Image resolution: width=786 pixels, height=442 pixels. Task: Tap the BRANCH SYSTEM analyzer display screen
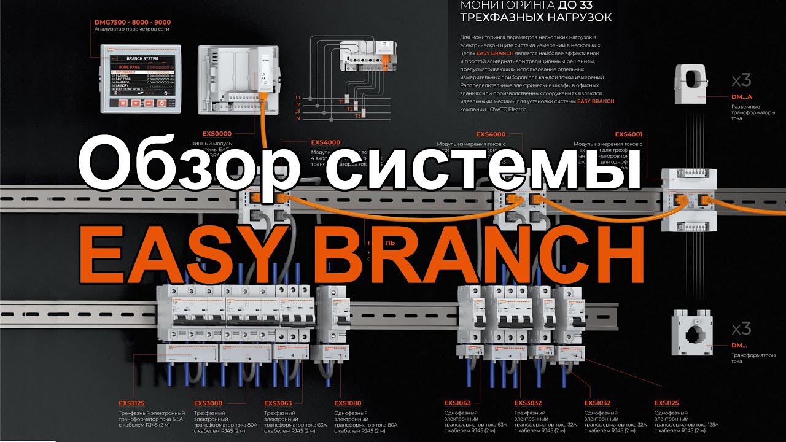point(141,79)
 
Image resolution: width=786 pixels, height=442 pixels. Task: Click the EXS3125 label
point(132,403)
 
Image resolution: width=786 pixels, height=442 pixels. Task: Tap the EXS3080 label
point(208,403)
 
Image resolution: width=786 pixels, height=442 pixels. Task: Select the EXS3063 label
point(278,403)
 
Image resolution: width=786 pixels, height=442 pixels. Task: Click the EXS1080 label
point(348,403)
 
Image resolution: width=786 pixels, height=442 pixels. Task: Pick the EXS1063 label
point(457,403)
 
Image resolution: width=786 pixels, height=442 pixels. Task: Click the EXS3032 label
point(527,403)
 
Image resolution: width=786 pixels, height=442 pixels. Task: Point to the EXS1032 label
point(597,403)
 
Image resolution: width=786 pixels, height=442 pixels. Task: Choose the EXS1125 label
point(667,403)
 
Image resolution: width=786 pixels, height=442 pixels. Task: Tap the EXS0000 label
point(217,133)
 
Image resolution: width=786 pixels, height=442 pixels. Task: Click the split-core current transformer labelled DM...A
point(696,86)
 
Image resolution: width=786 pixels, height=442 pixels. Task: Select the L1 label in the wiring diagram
point(298,98)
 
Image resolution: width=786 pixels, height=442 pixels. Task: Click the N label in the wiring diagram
point(298,118)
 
